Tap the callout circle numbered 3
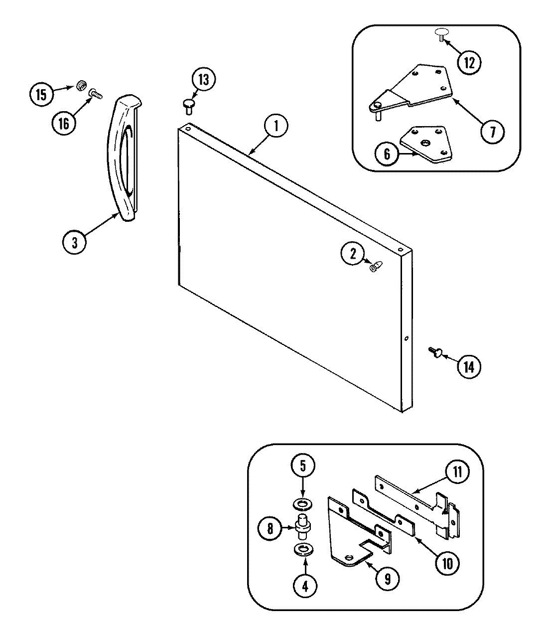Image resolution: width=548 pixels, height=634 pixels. [75, 242]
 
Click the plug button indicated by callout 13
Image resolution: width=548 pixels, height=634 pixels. [188, 104]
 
